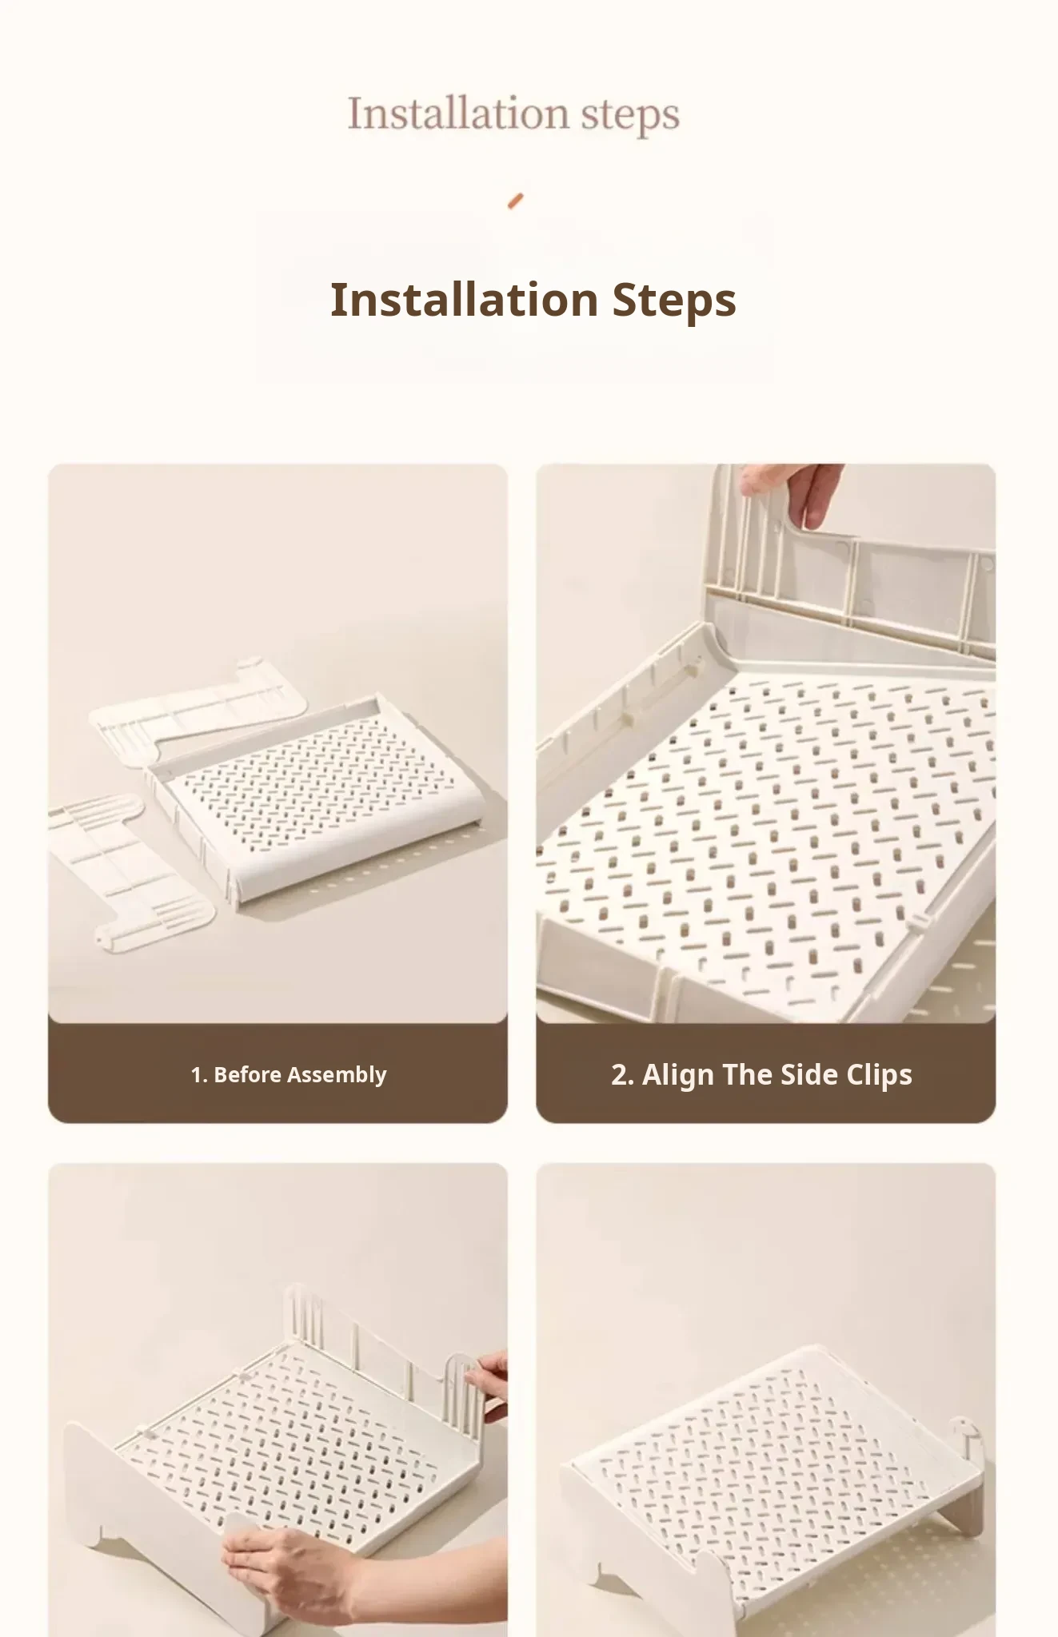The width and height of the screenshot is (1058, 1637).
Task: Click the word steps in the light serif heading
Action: click(x=630, y=116)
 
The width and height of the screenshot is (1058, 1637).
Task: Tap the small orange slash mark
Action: click(x=516, y=201)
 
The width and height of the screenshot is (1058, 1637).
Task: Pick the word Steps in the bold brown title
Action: click(x=674, y=301)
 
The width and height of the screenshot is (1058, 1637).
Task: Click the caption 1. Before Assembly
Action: click(x=289, y=1075)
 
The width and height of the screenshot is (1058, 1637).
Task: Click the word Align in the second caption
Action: click(x=678, y=1075)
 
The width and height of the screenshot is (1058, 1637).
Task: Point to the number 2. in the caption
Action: click(x=622, y=1075)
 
